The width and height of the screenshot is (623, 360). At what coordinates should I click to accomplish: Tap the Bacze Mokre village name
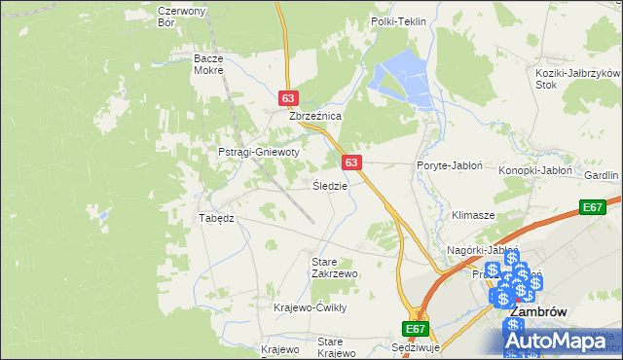click(x=208, y=64)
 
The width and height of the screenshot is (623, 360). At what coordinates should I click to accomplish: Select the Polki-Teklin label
click(x=399, y=21)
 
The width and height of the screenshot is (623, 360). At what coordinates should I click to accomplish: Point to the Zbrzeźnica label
click(x=314, y=116)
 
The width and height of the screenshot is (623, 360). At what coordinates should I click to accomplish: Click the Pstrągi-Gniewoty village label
click(x=258, y=153)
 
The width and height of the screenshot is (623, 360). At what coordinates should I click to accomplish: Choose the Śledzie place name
click(x=329, y=185)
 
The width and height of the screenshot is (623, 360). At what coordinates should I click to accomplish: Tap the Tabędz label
click(x=217, y=218)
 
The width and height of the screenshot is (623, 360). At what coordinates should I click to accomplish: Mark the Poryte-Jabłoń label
click(x=450, y=165)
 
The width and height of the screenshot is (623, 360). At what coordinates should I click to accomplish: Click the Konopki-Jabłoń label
click(x=535, y=169)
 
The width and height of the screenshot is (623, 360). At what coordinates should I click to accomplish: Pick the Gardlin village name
click(x=602, y=175)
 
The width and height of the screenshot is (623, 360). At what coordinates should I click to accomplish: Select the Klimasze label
click(x=473, y=214)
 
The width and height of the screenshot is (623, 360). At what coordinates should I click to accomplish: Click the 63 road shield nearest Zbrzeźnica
click(x=287, y=98)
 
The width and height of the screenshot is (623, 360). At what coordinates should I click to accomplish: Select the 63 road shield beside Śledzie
click(x=352, y=162)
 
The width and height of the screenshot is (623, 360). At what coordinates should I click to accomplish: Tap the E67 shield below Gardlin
click(x=592, y=207)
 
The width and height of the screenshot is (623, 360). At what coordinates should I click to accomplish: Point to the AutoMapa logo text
click(x=566, y=342)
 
